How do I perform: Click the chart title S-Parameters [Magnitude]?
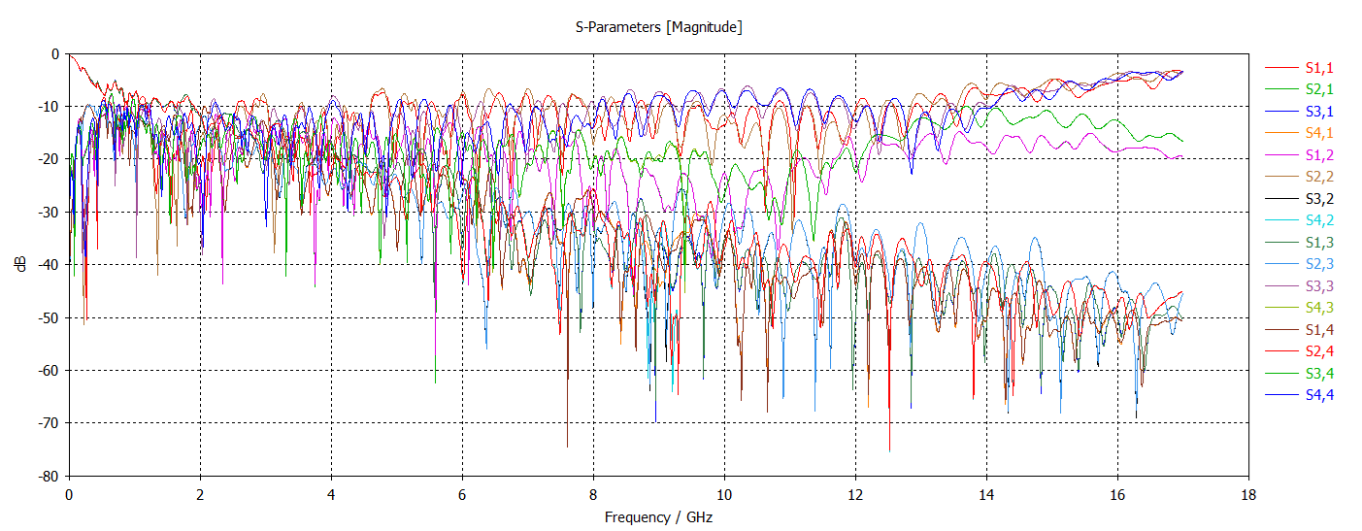659,27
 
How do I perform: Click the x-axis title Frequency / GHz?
658,517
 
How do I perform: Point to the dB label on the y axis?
21,264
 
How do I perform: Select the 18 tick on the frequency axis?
1248,493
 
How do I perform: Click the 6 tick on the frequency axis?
462,493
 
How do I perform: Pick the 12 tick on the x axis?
855,493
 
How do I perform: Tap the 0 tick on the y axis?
56,53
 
